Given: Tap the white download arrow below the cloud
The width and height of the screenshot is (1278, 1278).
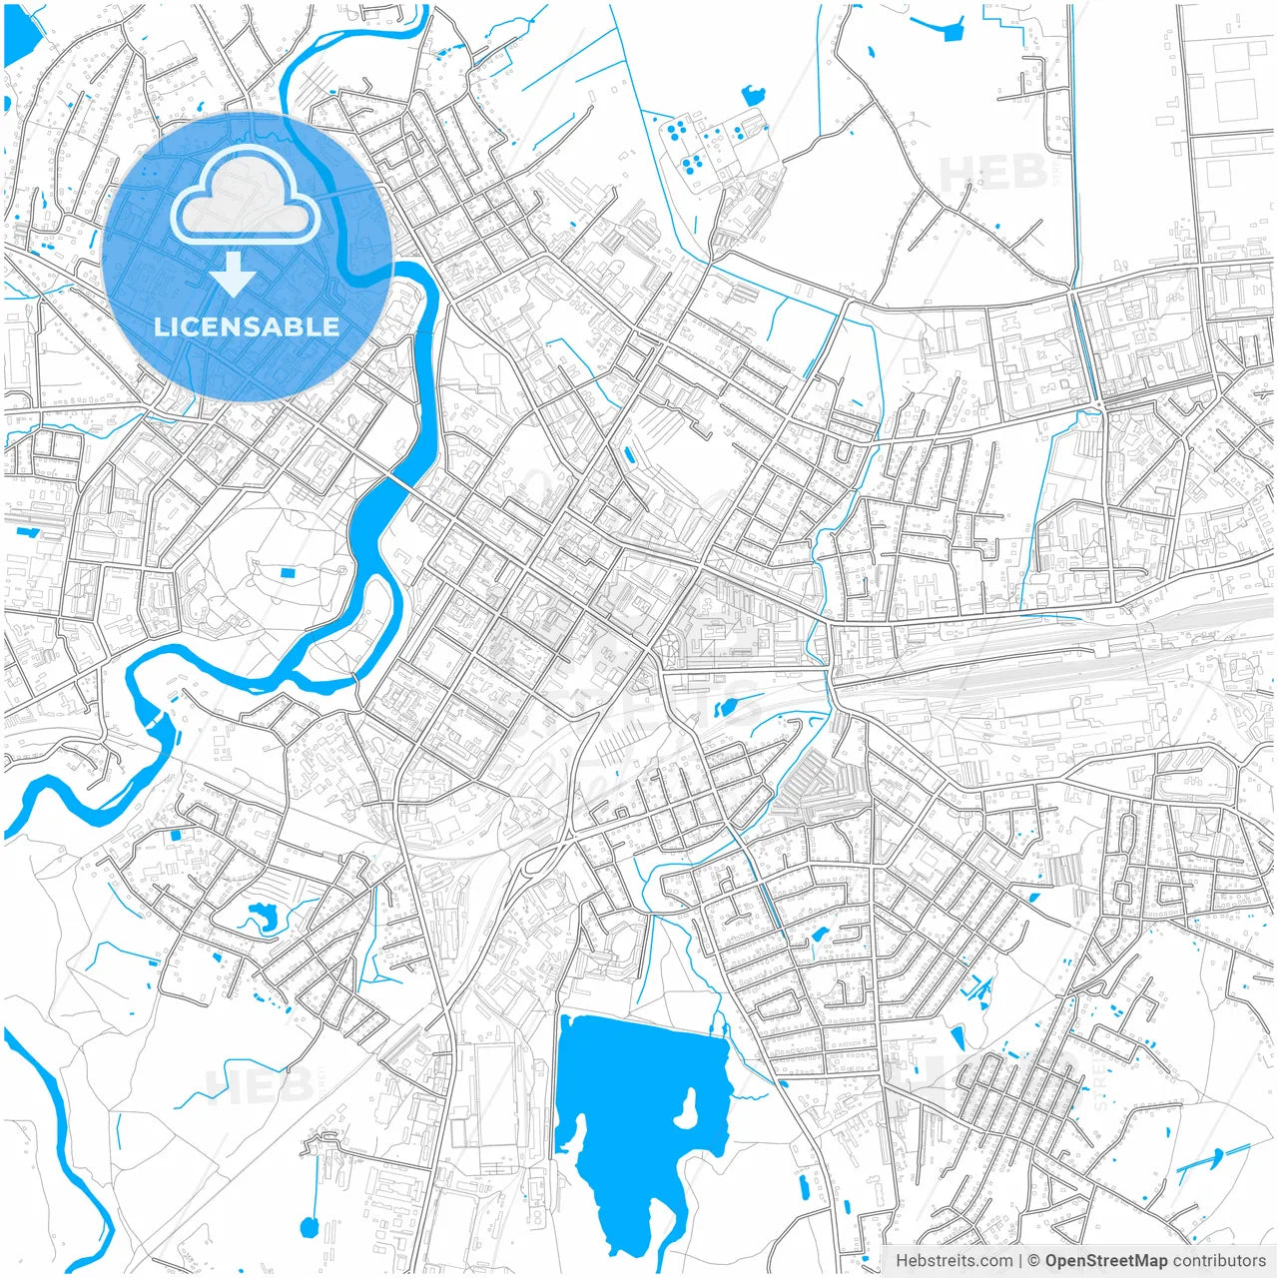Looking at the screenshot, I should pos(234,274).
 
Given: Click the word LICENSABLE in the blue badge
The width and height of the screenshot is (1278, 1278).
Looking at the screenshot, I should pos(247,326).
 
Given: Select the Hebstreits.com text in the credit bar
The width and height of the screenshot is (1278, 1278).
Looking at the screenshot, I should pos(953,1261).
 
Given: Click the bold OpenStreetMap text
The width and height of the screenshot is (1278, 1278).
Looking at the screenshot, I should pos(1106,1261).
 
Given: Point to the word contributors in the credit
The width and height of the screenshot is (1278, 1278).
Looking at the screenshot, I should pos(1219,1261).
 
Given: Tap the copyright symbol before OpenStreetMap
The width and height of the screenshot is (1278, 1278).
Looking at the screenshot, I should pos(1034,1261).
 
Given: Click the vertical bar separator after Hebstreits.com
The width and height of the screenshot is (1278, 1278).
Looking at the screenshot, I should pos(1019,1261).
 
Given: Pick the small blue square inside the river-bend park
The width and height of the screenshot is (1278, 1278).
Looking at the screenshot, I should pos(289,573).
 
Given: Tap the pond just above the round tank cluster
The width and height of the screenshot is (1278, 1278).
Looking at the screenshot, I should pos(753,96).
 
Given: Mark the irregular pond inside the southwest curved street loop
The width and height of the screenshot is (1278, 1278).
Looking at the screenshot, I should pos(264,916).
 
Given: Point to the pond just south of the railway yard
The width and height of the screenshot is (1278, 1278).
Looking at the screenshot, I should pos(726,708).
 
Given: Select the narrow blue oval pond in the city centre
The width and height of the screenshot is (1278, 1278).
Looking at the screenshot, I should pos(628,456).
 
